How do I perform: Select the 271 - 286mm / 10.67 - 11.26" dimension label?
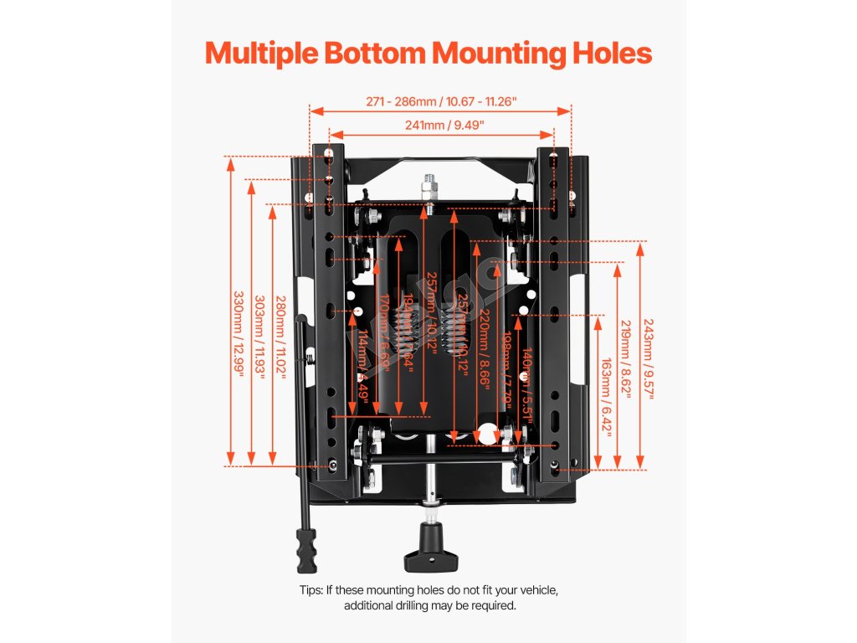coord(441,101)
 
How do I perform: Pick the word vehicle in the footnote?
coord(535,590)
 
